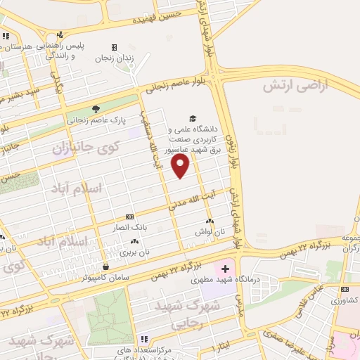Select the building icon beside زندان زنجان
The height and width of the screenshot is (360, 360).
[x=114, y=47]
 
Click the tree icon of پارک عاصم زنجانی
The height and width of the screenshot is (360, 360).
[x=96, y=109]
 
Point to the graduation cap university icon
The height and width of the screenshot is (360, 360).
[x=192, y=119]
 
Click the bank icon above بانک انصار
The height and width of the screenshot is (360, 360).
[x=129, y=217]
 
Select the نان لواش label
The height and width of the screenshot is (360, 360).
[x=210, y=232]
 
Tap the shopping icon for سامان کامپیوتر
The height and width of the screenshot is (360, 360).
[x=105, y=266]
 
